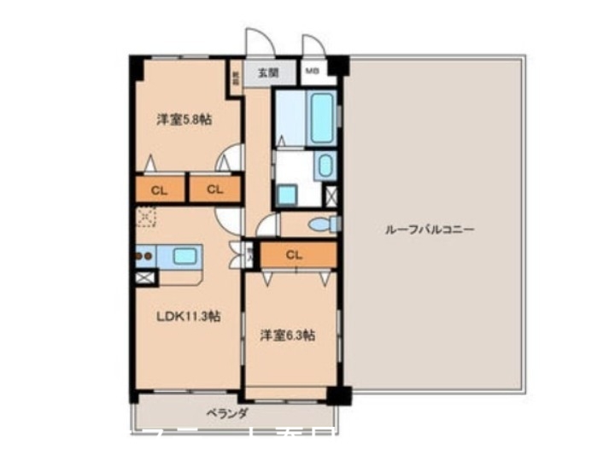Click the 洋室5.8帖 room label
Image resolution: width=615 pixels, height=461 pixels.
pyautogui.click(x=184, y=120)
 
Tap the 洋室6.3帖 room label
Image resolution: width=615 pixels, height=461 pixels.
pyautogui.click(x=287, y=335)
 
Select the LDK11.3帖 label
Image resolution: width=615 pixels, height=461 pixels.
pyautogui.click(x=189, y=316)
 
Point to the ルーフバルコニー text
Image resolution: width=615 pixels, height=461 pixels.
pyautogui.click(x=430, y=230)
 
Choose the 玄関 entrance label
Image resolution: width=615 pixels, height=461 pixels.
pyautogui.click(x=267, y=73)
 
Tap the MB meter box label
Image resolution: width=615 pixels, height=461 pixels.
pyautogui.click(x=313, y=72)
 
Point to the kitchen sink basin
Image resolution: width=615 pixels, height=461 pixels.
pyautogui.click(x=185, y=254)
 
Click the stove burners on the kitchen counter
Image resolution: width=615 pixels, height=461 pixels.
pyautogui.click(x=144, y=254)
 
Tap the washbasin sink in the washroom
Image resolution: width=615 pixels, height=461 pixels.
pyautogui.click(x=325, y=165)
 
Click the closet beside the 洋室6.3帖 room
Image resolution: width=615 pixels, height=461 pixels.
pyautogui.click(x=294, y=254)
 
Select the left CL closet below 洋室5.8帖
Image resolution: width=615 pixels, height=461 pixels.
pyautogui.click(x=159, y=190)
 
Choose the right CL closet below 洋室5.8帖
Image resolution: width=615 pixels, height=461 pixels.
pyautogui.click(x=214, y=190)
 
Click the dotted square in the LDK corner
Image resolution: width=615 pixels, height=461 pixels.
pyautogui.click(x=146, y=219)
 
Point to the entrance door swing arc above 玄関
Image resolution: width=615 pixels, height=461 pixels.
pyautogui.click(x=256, y=41)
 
